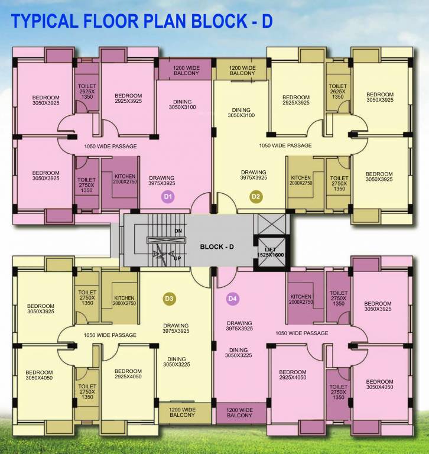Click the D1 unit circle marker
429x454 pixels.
click(168, 196)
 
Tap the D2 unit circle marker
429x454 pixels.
click(255, 196)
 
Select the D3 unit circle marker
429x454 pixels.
click(168, 299)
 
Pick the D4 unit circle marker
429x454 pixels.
click(232, 299)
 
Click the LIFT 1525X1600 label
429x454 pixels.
click(271, 251)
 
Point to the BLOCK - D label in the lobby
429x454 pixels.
click(217, 247)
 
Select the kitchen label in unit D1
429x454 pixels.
click(125, 179)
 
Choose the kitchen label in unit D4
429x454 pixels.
click(301, 299)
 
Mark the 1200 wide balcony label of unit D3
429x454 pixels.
click(182, 412)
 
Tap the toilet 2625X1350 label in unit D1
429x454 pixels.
click(87, 92)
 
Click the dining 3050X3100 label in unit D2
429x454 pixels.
click(241, 112)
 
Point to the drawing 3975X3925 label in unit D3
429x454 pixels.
click(175, 329)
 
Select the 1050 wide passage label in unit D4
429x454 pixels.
click(301, 333)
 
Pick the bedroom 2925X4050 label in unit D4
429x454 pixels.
click(292, 375)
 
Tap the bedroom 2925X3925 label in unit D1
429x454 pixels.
click(128, 98)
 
